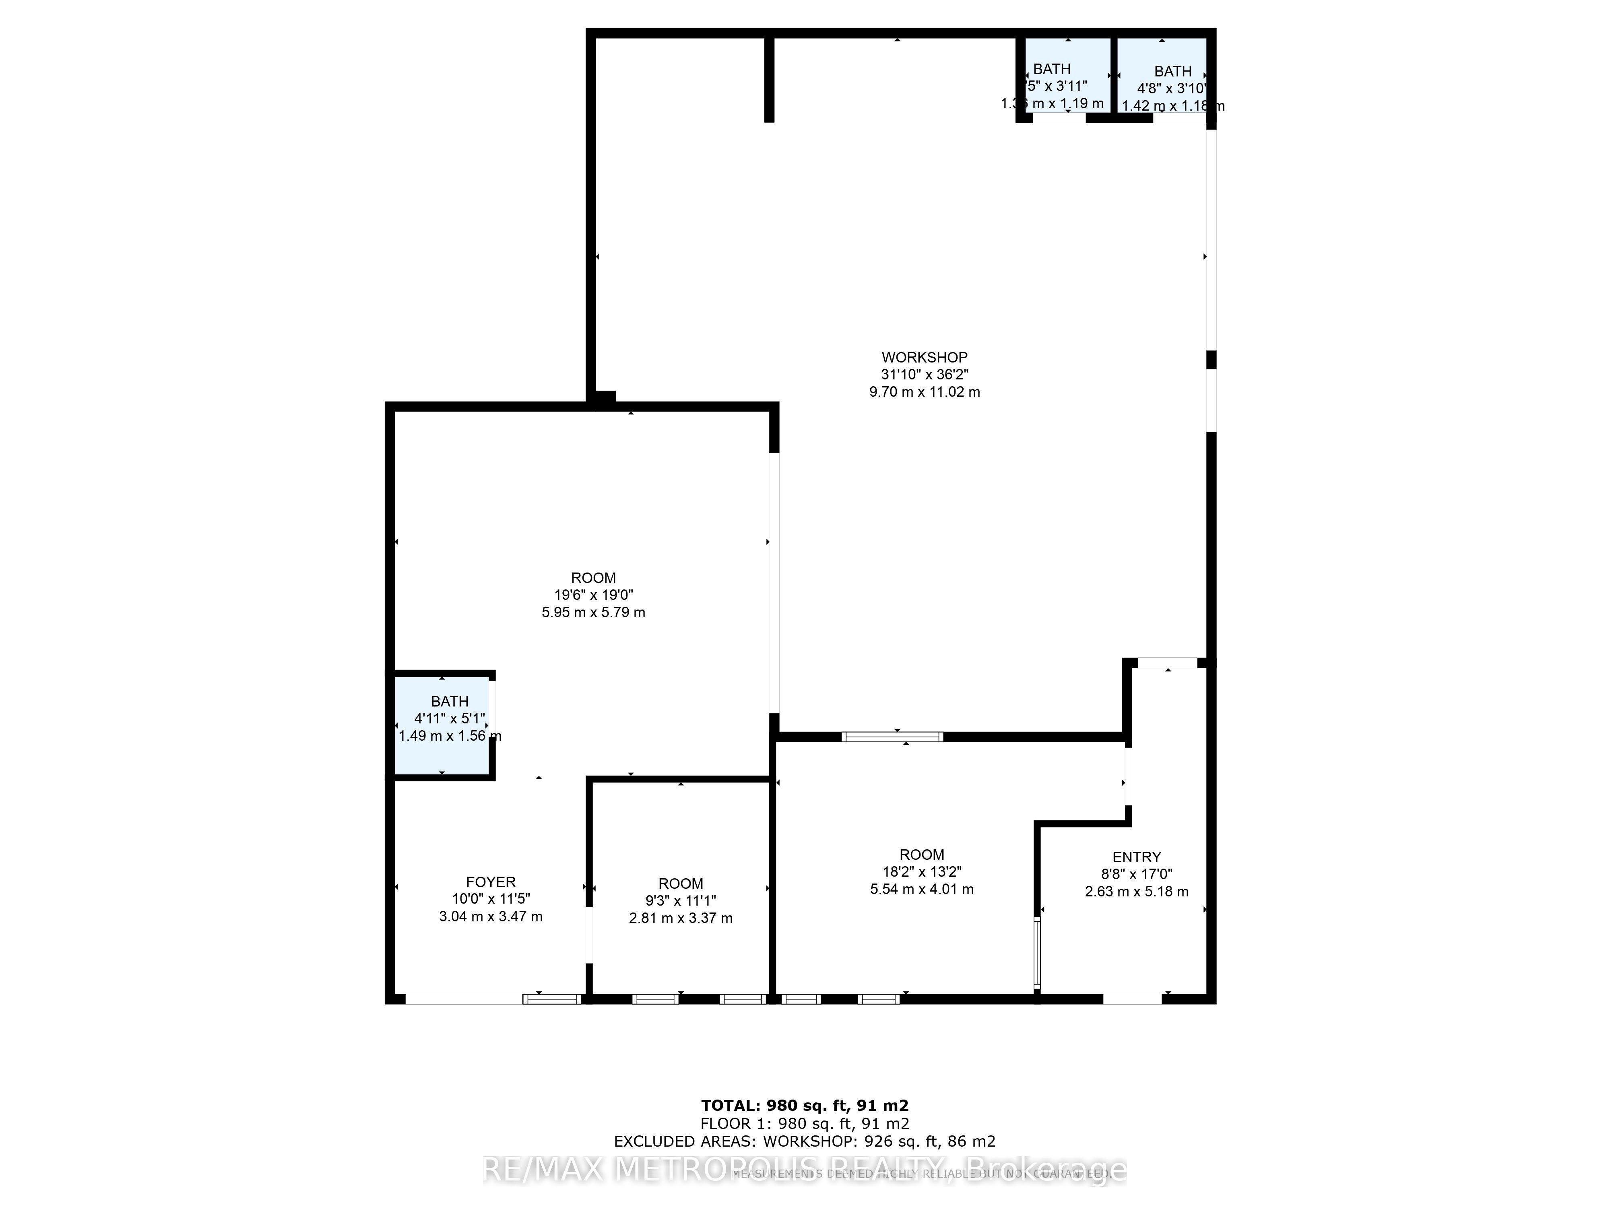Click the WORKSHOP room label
925,357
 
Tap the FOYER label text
491,882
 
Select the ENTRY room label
1136,857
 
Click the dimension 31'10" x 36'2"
925,375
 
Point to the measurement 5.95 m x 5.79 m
593,613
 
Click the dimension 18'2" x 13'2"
921,871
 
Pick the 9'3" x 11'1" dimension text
681,901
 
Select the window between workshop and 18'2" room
892,737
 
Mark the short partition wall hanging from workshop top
769,78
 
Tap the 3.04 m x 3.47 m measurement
491,917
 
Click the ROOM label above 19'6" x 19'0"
593,578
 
